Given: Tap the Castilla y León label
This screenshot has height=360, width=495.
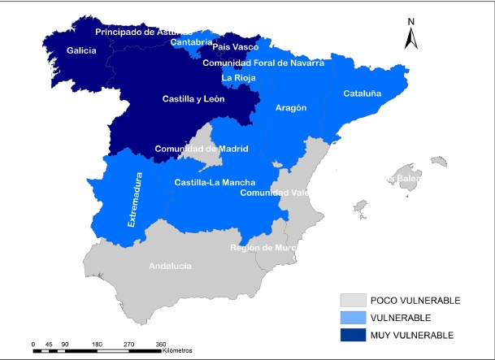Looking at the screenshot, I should pos(193,98).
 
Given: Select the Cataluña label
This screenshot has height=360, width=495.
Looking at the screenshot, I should pos(362,93).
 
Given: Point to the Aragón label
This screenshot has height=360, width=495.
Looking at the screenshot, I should pos(291,107).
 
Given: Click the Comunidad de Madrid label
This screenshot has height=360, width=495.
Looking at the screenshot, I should pos(201,149).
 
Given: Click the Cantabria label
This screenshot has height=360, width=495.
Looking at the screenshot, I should pos(193,41).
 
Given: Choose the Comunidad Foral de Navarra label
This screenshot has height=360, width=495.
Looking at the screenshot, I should pos(263,63).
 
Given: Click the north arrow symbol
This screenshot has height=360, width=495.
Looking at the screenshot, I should pos(412,33).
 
